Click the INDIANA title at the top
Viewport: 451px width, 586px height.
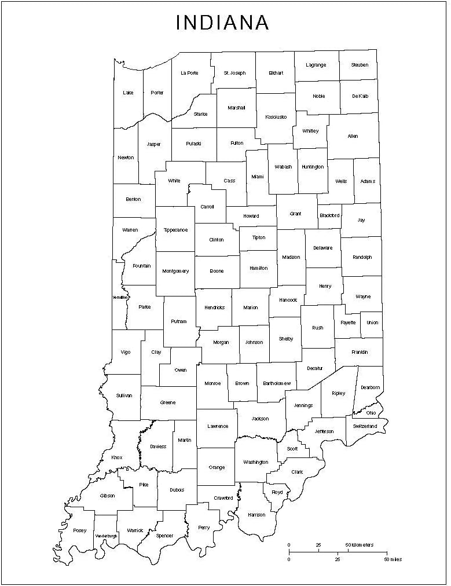(x=222, y=23)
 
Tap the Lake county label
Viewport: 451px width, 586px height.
(x=128, y=93)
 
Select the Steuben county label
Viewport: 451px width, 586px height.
(x=359, y=65)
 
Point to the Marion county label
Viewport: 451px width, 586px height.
(x=251, y=307)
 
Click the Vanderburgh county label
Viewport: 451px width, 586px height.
(x=106, y=536)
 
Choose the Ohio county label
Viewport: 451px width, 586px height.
(x=371, y=413)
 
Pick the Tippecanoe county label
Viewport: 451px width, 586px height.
(x=175, y=230)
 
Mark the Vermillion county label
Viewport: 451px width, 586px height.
(x=120, y=298)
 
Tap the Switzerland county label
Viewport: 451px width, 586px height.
(x=365, y=426)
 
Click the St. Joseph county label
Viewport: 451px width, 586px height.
(x=234, y=73)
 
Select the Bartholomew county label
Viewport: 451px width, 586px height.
(x=276, y=383)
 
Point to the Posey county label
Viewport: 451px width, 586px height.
(x=80, y=530)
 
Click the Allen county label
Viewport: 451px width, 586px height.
(x=353, y=136)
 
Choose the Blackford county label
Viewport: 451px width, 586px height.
(x=329, y=215)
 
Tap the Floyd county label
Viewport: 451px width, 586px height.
(x=277, y=492)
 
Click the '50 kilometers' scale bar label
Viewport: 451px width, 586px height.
(x=360, y=545)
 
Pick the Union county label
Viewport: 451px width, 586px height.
(x=372, y=323)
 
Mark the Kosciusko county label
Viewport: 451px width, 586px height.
(x=276, y=117)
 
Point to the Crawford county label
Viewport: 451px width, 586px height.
(x=223, y=498)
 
